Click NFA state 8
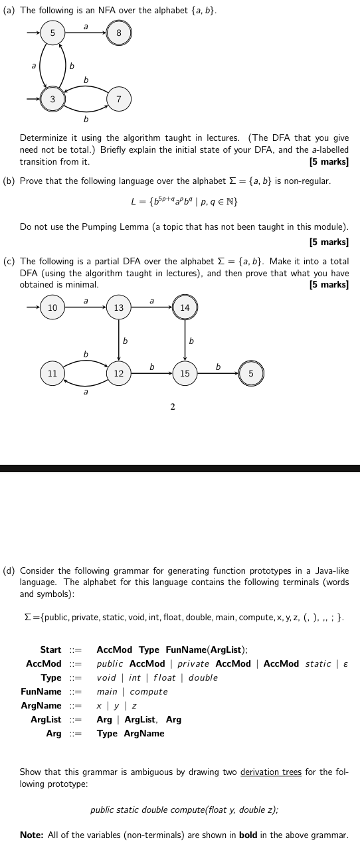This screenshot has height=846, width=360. pos(118,33)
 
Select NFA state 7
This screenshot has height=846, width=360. pos(118,99)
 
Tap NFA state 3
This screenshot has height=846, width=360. pos(52,99)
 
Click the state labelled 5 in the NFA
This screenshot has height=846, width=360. pos(52,33)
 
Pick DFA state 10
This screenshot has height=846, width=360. pos(52,307)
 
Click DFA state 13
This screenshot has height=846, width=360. pos(118,307)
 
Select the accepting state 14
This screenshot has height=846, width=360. pos(185,307)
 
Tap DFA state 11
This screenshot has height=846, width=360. pos(52,373)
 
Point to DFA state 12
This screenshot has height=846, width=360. pos(118,373)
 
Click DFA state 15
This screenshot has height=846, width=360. pos(185,373)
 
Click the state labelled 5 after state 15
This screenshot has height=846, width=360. pos(251,373)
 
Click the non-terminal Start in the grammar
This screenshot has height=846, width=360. pos(50,649)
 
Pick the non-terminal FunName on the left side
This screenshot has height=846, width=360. pos(41,691)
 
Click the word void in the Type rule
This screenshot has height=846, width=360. pos(106,677)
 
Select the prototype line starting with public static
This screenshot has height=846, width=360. pos(184,809)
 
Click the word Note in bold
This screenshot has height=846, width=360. pos(32,835)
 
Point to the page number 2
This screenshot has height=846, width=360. pos(173,406)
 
